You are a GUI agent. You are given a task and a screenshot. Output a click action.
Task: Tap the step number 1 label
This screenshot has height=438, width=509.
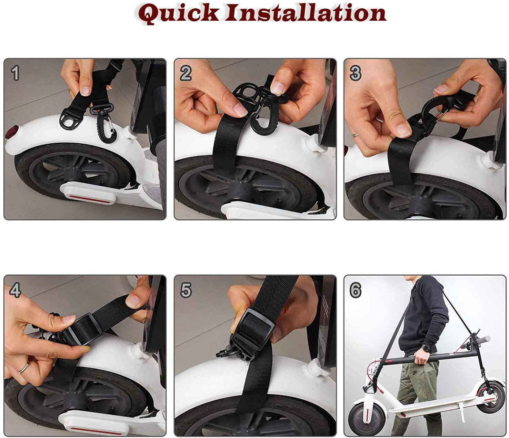(15, 74)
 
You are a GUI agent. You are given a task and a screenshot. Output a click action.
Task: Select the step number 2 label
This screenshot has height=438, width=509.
(186, 74)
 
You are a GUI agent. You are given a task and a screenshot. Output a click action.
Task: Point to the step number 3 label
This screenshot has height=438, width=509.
(356, 74)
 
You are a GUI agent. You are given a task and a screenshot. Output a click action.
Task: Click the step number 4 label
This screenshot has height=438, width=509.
(15, 291)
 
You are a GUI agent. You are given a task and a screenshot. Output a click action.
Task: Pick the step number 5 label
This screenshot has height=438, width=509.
(186, 291)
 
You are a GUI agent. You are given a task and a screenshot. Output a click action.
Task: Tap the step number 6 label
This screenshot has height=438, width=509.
(356, 291)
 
